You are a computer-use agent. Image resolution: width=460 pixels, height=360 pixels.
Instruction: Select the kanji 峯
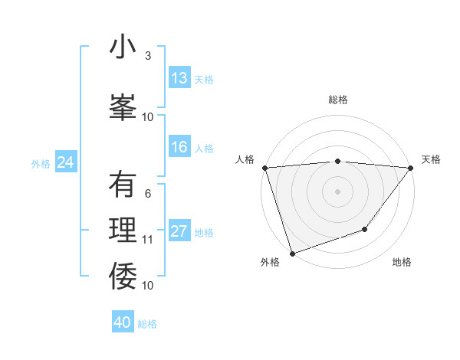pos(123,105)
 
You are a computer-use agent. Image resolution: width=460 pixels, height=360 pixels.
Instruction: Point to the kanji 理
pos(123,231)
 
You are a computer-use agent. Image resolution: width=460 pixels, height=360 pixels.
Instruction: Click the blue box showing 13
pos(179,78)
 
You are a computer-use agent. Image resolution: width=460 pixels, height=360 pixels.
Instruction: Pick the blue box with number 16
pos(179,147)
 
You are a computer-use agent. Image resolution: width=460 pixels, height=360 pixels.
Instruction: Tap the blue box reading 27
pos(179,231)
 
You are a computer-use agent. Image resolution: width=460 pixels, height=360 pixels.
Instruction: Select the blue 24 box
pos(65,162)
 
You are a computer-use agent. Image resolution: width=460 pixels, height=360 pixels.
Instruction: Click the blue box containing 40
pos(122,322)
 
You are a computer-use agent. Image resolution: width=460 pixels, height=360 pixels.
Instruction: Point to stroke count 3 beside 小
pos(147,56)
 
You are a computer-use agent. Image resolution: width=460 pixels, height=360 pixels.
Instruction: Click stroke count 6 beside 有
pos(147,194)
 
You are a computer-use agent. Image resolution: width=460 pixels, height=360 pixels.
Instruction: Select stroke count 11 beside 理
pos(147,240)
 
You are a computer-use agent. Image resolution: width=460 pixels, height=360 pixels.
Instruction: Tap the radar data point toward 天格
pos(411,168)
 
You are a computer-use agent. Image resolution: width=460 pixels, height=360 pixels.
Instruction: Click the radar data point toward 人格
pos(264,168)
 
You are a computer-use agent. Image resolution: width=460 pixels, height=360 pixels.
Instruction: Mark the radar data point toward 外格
pos(292,253)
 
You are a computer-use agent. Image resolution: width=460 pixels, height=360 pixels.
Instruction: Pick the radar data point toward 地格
pos(365,228)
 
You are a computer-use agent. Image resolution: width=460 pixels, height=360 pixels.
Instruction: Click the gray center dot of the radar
pos(337,191)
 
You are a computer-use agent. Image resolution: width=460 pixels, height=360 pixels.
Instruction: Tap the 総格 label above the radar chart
pos(337,100)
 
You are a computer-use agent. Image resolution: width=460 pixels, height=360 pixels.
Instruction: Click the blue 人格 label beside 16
pos(204,148)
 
